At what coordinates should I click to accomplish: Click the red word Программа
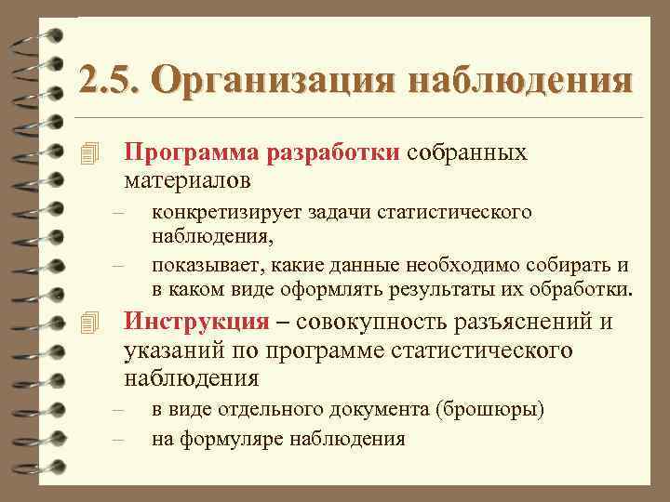coord(191,152)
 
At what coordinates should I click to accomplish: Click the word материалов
coord(186,177)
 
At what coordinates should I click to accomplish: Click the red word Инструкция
coord(196,323)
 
